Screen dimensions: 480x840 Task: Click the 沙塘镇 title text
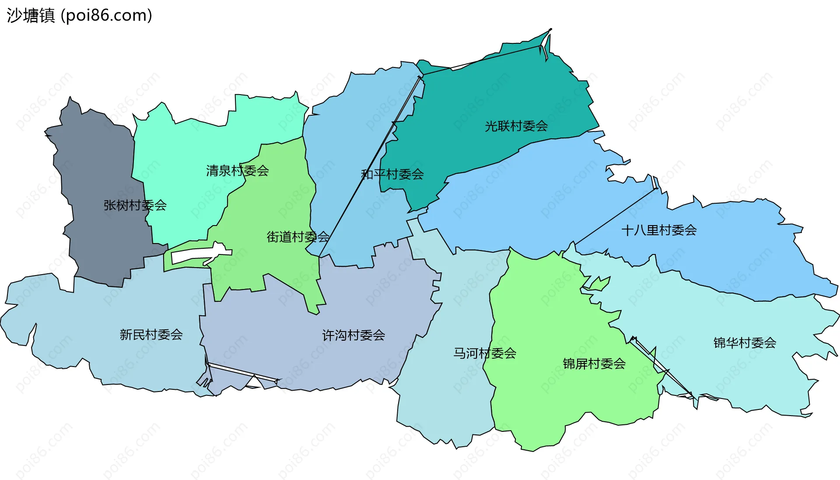pyautogui.click(x=31, y=16)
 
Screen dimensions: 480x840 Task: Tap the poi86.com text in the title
pyautogui.click(x=106, y=16)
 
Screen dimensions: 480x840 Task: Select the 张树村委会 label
pyautogui.click(x=135, y=205)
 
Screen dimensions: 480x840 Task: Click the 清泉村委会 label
pyautogui.click(x=237, y=170)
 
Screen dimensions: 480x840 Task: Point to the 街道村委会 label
pyautogui.click(x=298, y=237)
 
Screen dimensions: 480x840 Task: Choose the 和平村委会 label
pyautogui.click(x=392, y=174)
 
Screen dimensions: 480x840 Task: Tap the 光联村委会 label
pyautogui.click(x=516, y=126)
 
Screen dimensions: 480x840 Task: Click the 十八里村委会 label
pyautogui.click(x=659, y=230)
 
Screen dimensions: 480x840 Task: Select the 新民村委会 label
pyautogui.click(x=151, y=335)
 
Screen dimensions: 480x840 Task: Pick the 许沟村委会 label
pyautogui.click(x=353, y=335)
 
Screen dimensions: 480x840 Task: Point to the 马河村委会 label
pyautogui.click(x=485, y=353)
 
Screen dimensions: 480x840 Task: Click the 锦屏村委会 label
pyautogui.click(x=594, y=364)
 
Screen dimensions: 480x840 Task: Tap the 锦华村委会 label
pyautogui.click(x=745, y=342)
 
